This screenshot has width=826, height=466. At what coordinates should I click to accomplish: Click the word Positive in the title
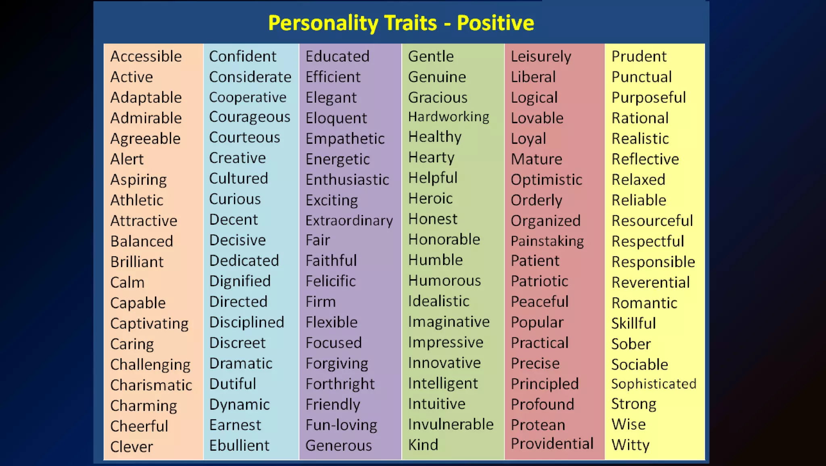(495, 23)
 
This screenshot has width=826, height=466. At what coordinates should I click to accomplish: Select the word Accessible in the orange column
(146, 56)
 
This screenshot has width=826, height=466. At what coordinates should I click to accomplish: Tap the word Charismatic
(151, 385)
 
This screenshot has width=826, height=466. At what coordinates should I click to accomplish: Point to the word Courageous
(250, 117)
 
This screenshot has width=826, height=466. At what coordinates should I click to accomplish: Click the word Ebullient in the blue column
(239, 445)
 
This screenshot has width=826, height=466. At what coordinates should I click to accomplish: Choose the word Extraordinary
(349, 221)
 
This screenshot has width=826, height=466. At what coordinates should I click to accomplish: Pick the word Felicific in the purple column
(331, 281)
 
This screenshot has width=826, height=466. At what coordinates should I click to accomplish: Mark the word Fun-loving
(341, 425)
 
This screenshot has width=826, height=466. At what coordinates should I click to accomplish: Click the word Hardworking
(448, 117)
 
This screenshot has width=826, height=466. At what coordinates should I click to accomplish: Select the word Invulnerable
(451, 424)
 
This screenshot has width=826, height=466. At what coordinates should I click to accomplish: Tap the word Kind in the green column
(423, 445)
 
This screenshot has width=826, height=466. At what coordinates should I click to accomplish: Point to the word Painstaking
(547, 241)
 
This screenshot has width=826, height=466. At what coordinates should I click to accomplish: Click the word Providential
(552, 443)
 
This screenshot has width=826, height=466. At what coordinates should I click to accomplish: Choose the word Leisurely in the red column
(541, 56)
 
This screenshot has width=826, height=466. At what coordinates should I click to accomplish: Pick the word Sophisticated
(654, 384)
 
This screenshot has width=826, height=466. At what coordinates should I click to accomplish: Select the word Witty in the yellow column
(630, 445)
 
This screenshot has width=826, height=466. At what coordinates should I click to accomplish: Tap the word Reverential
(651, 282)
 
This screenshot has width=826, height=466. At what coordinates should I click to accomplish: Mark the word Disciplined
(247, 322)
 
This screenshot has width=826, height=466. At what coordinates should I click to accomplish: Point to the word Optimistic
(546, 180)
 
